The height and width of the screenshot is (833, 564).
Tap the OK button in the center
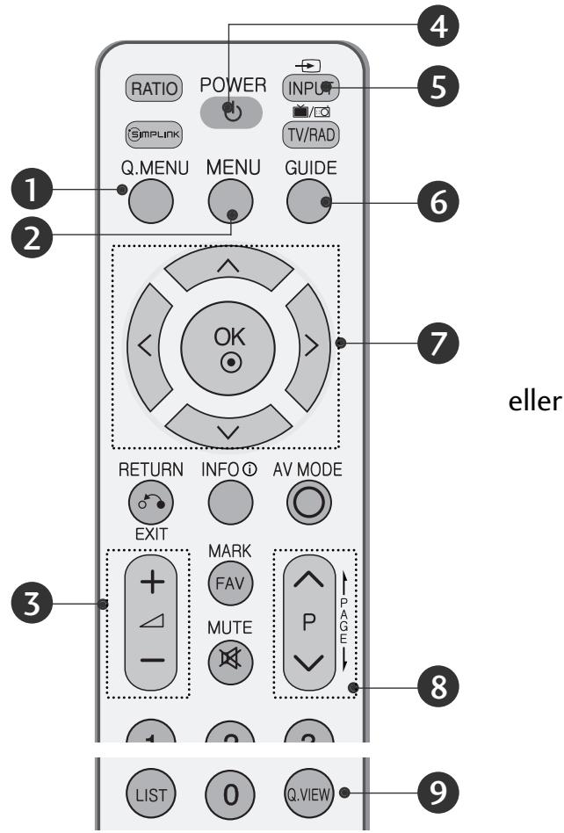pyautogui.click(x=228, y=341)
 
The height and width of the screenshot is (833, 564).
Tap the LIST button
pyautogui.click(x=148, y=796)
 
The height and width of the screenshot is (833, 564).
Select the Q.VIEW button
pyautogui.click(x=307, y=796)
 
